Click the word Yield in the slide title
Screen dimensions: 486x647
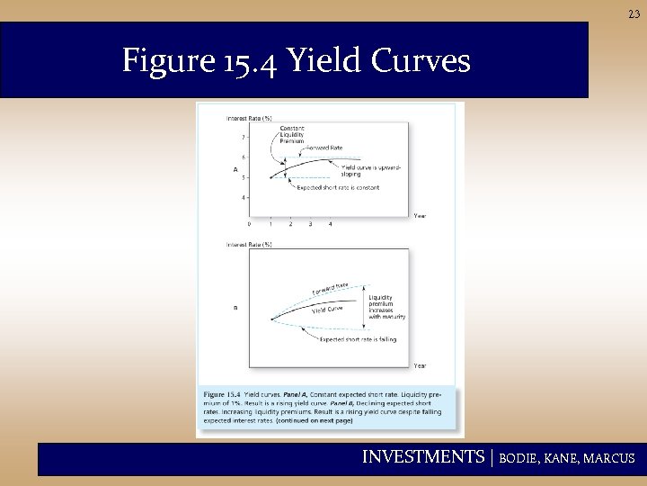tap(325, 61)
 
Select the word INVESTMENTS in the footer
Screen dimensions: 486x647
tap(422, 457)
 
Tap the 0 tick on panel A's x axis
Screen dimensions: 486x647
tap(250, 223)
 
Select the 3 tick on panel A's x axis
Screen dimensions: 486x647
tap(310, 223)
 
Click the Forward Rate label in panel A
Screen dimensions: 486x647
tap(324, 148)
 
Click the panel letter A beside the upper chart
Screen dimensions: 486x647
tap(235, 169)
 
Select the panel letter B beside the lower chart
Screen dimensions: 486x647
tap(235, 307)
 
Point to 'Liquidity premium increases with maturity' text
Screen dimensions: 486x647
tap(386, 306)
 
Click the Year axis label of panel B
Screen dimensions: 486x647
tap(420, 365)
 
